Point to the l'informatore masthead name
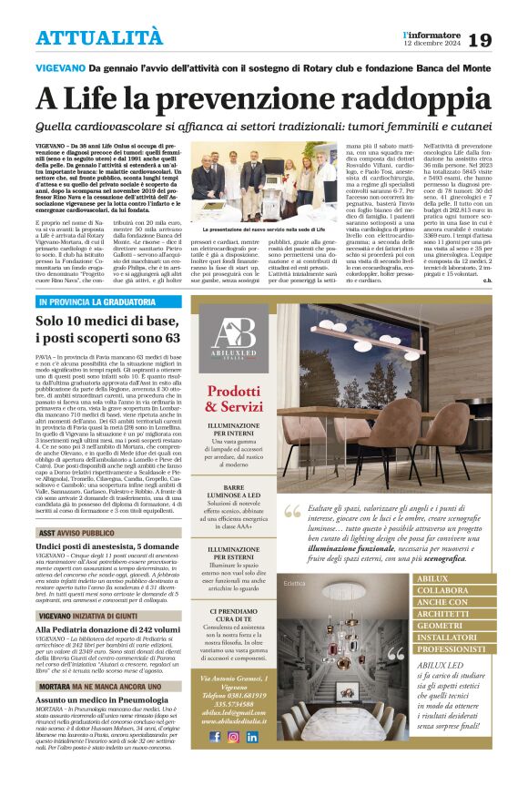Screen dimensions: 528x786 click(432, 35)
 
